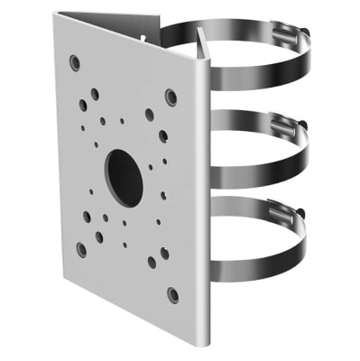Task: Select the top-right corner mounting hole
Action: pyautogui.click(x=171, y=97)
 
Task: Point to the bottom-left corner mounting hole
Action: pyautogui.click(x=80, y=249)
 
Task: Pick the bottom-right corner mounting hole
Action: pyautogui.click(x=171, y=294)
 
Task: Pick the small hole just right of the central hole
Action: pyautogui.click(x=164, y=162)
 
